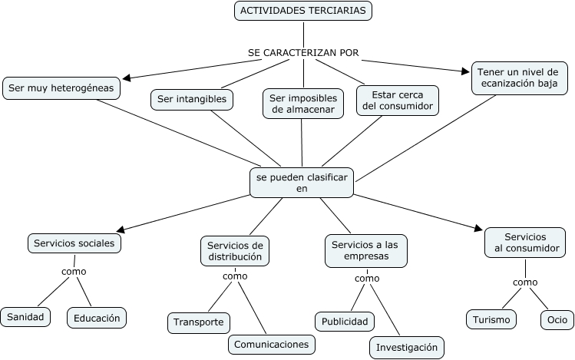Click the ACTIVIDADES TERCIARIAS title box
[303, 11]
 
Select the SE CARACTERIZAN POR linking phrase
[303, 53]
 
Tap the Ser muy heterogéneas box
[61, 88]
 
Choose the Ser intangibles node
[192, 99]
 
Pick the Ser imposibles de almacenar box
[303, 104]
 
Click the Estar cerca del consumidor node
[398, 101]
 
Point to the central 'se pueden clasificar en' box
[302, 183]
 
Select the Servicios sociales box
[74, 243]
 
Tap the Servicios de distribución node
[235, 251]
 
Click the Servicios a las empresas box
[366, 250]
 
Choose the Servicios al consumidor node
[525, 243]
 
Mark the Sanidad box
[25, 317]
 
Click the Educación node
[97, 318]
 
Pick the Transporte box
[199, 322]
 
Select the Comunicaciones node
[271, 345]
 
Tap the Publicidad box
[345, 322]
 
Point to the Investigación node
[407, 347]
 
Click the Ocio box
[557, 319]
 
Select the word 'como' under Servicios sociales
[74, 272]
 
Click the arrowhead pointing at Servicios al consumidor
[478, 228]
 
